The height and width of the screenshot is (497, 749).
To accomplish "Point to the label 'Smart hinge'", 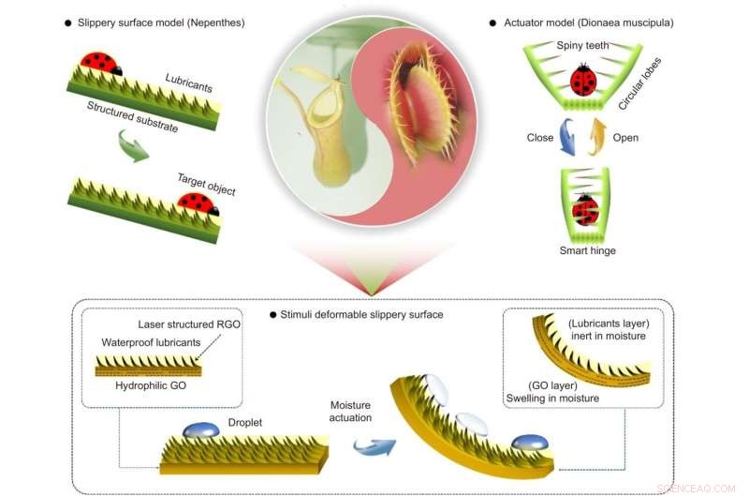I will (587, 251).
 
